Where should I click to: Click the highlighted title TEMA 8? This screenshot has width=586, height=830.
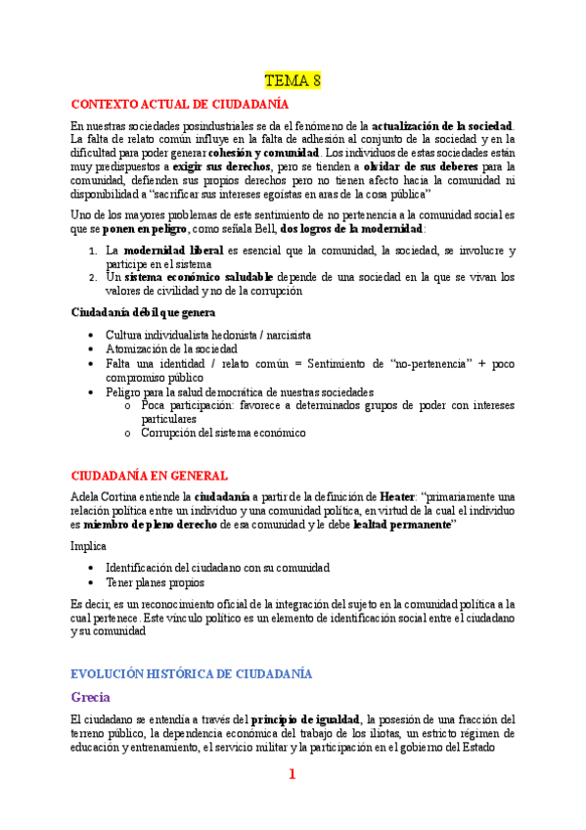point(293,79)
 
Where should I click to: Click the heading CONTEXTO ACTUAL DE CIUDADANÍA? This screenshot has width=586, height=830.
point(180,103)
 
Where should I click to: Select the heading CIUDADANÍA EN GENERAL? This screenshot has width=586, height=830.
point(150,476)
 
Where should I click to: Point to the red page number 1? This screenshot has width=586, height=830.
point(292,775)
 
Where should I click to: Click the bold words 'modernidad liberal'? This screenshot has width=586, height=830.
point(173,252)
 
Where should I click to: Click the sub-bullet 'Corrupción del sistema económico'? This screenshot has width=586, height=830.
point(223,432)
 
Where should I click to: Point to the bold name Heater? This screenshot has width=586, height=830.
point(395,497)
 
